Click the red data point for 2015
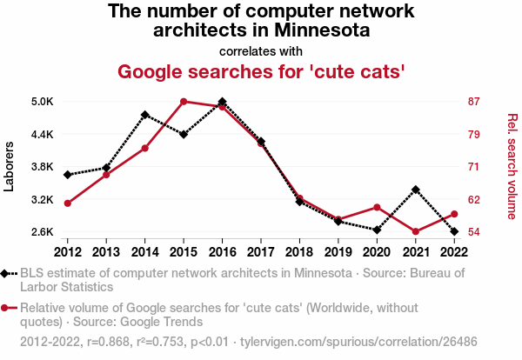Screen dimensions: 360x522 tap(184, 102)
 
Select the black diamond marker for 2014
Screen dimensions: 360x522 tap(145, 115)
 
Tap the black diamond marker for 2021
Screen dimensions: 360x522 tap(416, 190)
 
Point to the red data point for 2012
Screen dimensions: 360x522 tap(68, 203)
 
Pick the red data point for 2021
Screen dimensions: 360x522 tap(416, 231)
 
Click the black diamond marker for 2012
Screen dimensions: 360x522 tap(68, 175)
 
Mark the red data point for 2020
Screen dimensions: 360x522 tap(377, 207)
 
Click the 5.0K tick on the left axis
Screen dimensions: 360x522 tap(42, 102)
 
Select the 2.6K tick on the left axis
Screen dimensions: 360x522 tap(42, 232)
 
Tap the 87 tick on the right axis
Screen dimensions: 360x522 tap(474, 102)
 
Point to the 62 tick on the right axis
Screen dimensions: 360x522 tap(474, 200)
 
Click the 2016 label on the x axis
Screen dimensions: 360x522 tap(223, 252)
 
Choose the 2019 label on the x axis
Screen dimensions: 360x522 tap(338, 252)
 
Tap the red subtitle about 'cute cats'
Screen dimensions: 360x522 tap(261, 70)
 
